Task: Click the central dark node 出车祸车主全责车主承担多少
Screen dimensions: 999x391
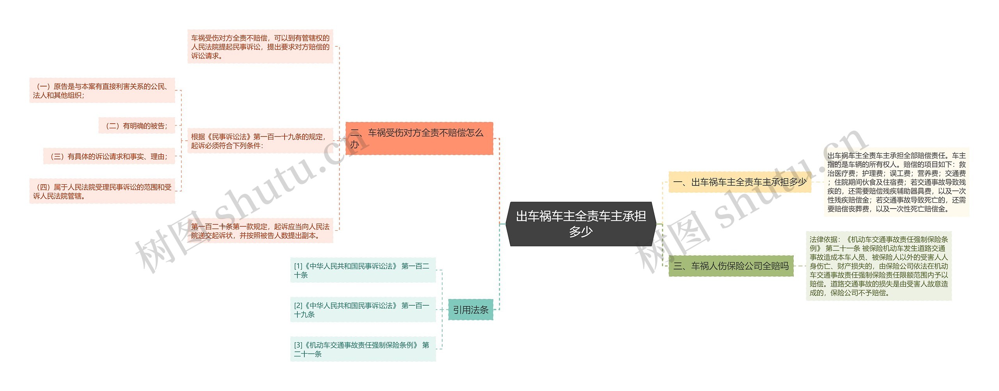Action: (581, 224)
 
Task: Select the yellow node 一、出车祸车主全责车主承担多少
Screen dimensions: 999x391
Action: (740, 182)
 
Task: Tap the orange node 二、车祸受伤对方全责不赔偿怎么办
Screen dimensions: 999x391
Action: (419, 138)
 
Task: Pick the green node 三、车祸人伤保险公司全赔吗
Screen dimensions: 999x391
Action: (731, 266)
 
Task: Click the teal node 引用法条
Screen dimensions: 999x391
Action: (471, 310)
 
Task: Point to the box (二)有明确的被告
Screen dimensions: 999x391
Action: (137, 126)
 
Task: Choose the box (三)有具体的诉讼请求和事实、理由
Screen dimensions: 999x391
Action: (109, 156)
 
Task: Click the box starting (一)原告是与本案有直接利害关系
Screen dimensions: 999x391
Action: (102, 90)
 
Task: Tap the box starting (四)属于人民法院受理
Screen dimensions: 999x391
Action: (102, 191)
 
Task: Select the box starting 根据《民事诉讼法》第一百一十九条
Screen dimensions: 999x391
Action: (260, 141)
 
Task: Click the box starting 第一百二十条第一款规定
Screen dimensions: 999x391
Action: (260, 231)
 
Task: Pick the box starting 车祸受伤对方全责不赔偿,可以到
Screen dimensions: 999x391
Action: (260, 46)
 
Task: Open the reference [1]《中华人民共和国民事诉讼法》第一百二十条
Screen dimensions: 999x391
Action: (363, 270)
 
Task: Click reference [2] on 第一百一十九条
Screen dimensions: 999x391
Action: (363, 310)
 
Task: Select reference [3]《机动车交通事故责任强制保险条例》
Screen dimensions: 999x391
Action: (363, 349)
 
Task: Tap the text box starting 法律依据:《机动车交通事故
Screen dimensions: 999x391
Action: (878, 266)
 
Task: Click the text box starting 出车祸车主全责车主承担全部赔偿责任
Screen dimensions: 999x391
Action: (896, 182)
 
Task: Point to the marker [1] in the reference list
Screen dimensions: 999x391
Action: (298, 266)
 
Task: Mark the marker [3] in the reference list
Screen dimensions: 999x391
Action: (298, 345)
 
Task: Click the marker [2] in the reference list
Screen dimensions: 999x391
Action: (298, 306)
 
